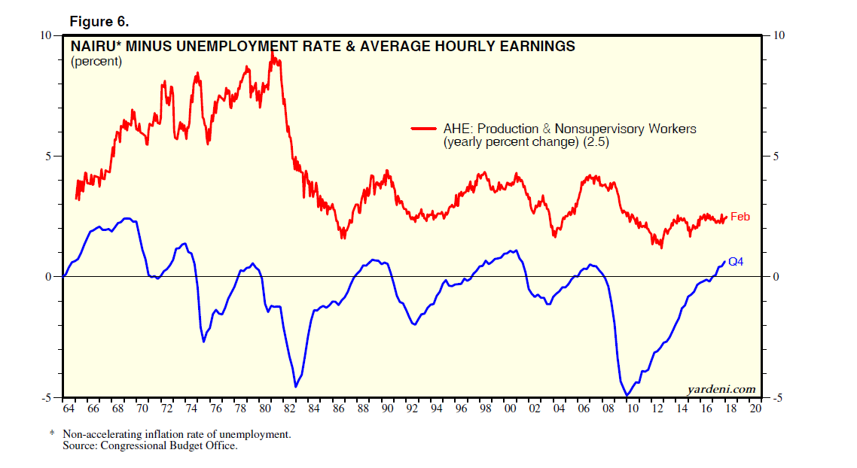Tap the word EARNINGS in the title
(x=532, y=47)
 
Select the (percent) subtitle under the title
(x=96, y=62)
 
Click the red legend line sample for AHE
(x=425, y=129)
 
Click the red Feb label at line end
(x=740, y=217)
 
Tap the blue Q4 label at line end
(x=736, y=262)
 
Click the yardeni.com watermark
(x=721, y=389)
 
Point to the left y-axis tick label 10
(x=45, y=35)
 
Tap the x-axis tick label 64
(x=69, y=409)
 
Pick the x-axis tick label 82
(x=289, y=409)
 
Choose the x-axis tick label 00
(x=510, y=409)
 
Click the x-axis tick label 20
(x=755, y=409)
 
